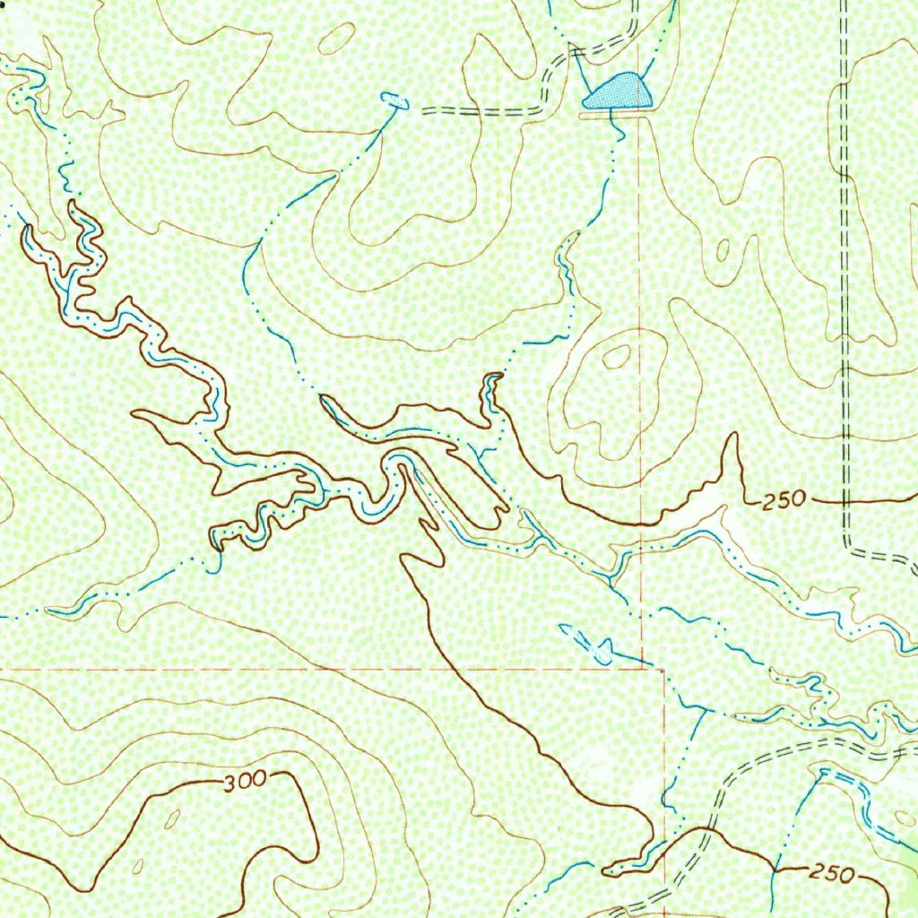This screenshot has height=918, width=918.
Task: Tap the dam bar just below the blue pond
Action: pyautogui.click(x=618, y=113)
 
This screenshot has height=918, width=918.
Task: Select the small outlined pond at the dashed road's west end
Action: pyautogui.click(x=394, y=101)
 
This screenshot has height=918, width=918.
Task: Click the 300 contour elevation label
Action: pyautogui.click(x=244, y=781)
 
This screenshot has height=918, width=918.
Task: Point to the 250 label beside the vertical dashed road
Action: pyautogui.click(x=785, y=499)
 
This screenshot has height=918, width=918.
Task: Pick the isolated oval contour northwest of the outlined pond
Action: pyautogui.click(x=336, y=38)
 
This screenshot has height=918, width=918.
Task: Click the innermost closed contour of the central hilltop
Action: pyautogui.click(x=616, y=357)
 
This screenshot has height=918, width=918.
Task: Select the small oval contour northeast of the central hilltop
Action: pyautogui.click(x=723, y=250)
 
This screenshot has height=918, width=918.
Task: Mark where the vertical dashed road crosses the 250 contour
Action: pyautogui.click(x=846, y=498)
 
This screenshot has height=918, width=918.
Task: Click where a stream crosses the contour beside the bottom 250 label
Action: pyautogui.click(x=773, y=868)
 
